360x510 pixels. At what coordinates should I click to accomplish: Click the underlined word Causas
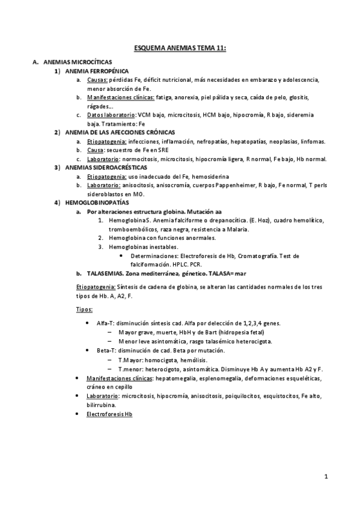pos(97,80)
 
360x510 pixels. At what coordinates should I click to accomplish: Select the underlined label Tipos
pos(85,309)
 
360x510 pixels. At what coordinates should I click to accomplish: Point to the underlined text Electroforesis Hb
pos(109,414)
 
